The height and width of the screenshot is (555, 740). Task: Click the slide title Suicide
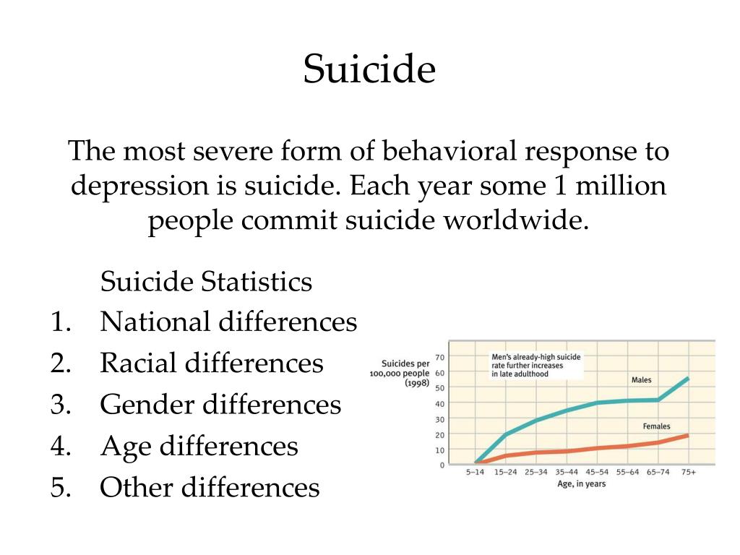(x=369, y=69)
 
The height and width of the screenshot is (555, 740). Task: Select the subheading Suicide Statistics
(x=206, y=282)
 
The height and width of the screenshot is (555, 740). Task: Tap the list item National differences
(x=228, y=322)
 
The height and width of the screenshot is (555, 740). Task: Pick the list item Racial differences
(x=212, y=363)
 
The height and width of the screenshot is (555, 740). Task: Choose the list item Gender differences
(x=220, y=405)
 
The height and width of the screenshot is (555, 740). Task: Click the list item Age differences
(x=199, y=447)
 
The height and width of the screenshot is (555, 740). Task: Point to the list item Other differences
(x=210, y=488)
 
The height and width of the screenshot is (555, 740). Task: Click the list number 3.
(x=60, y=405)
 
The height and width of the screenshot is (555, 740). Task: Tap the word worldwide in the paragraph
(x=516, y=220)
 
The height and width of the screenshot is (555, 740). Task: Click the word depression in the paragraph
(x=139, y=186)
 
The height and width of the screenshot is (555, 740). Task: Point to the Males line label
(x=642, y=380)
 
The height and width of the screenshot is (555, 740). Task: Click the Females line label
(x=656, y=426)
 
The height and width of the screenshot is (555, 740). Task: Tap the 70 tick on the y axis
(x=440, y=357)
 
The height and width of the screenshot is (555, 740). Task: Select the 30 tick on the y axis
(x=440, y=419)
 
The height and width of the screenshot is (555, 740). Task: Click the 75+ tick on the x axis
(x=689, y=472)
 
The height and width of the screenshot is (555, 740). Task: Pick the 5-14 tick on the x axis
(x=475, y=472)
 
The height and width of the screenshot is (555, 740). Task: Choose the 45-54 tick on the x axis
(x=597, y=472)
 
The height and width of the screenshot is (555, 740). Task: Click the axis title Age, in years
(x=582, y=483)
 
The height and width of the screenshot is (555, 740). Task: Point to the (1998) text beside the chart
(x=417, y=383)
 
